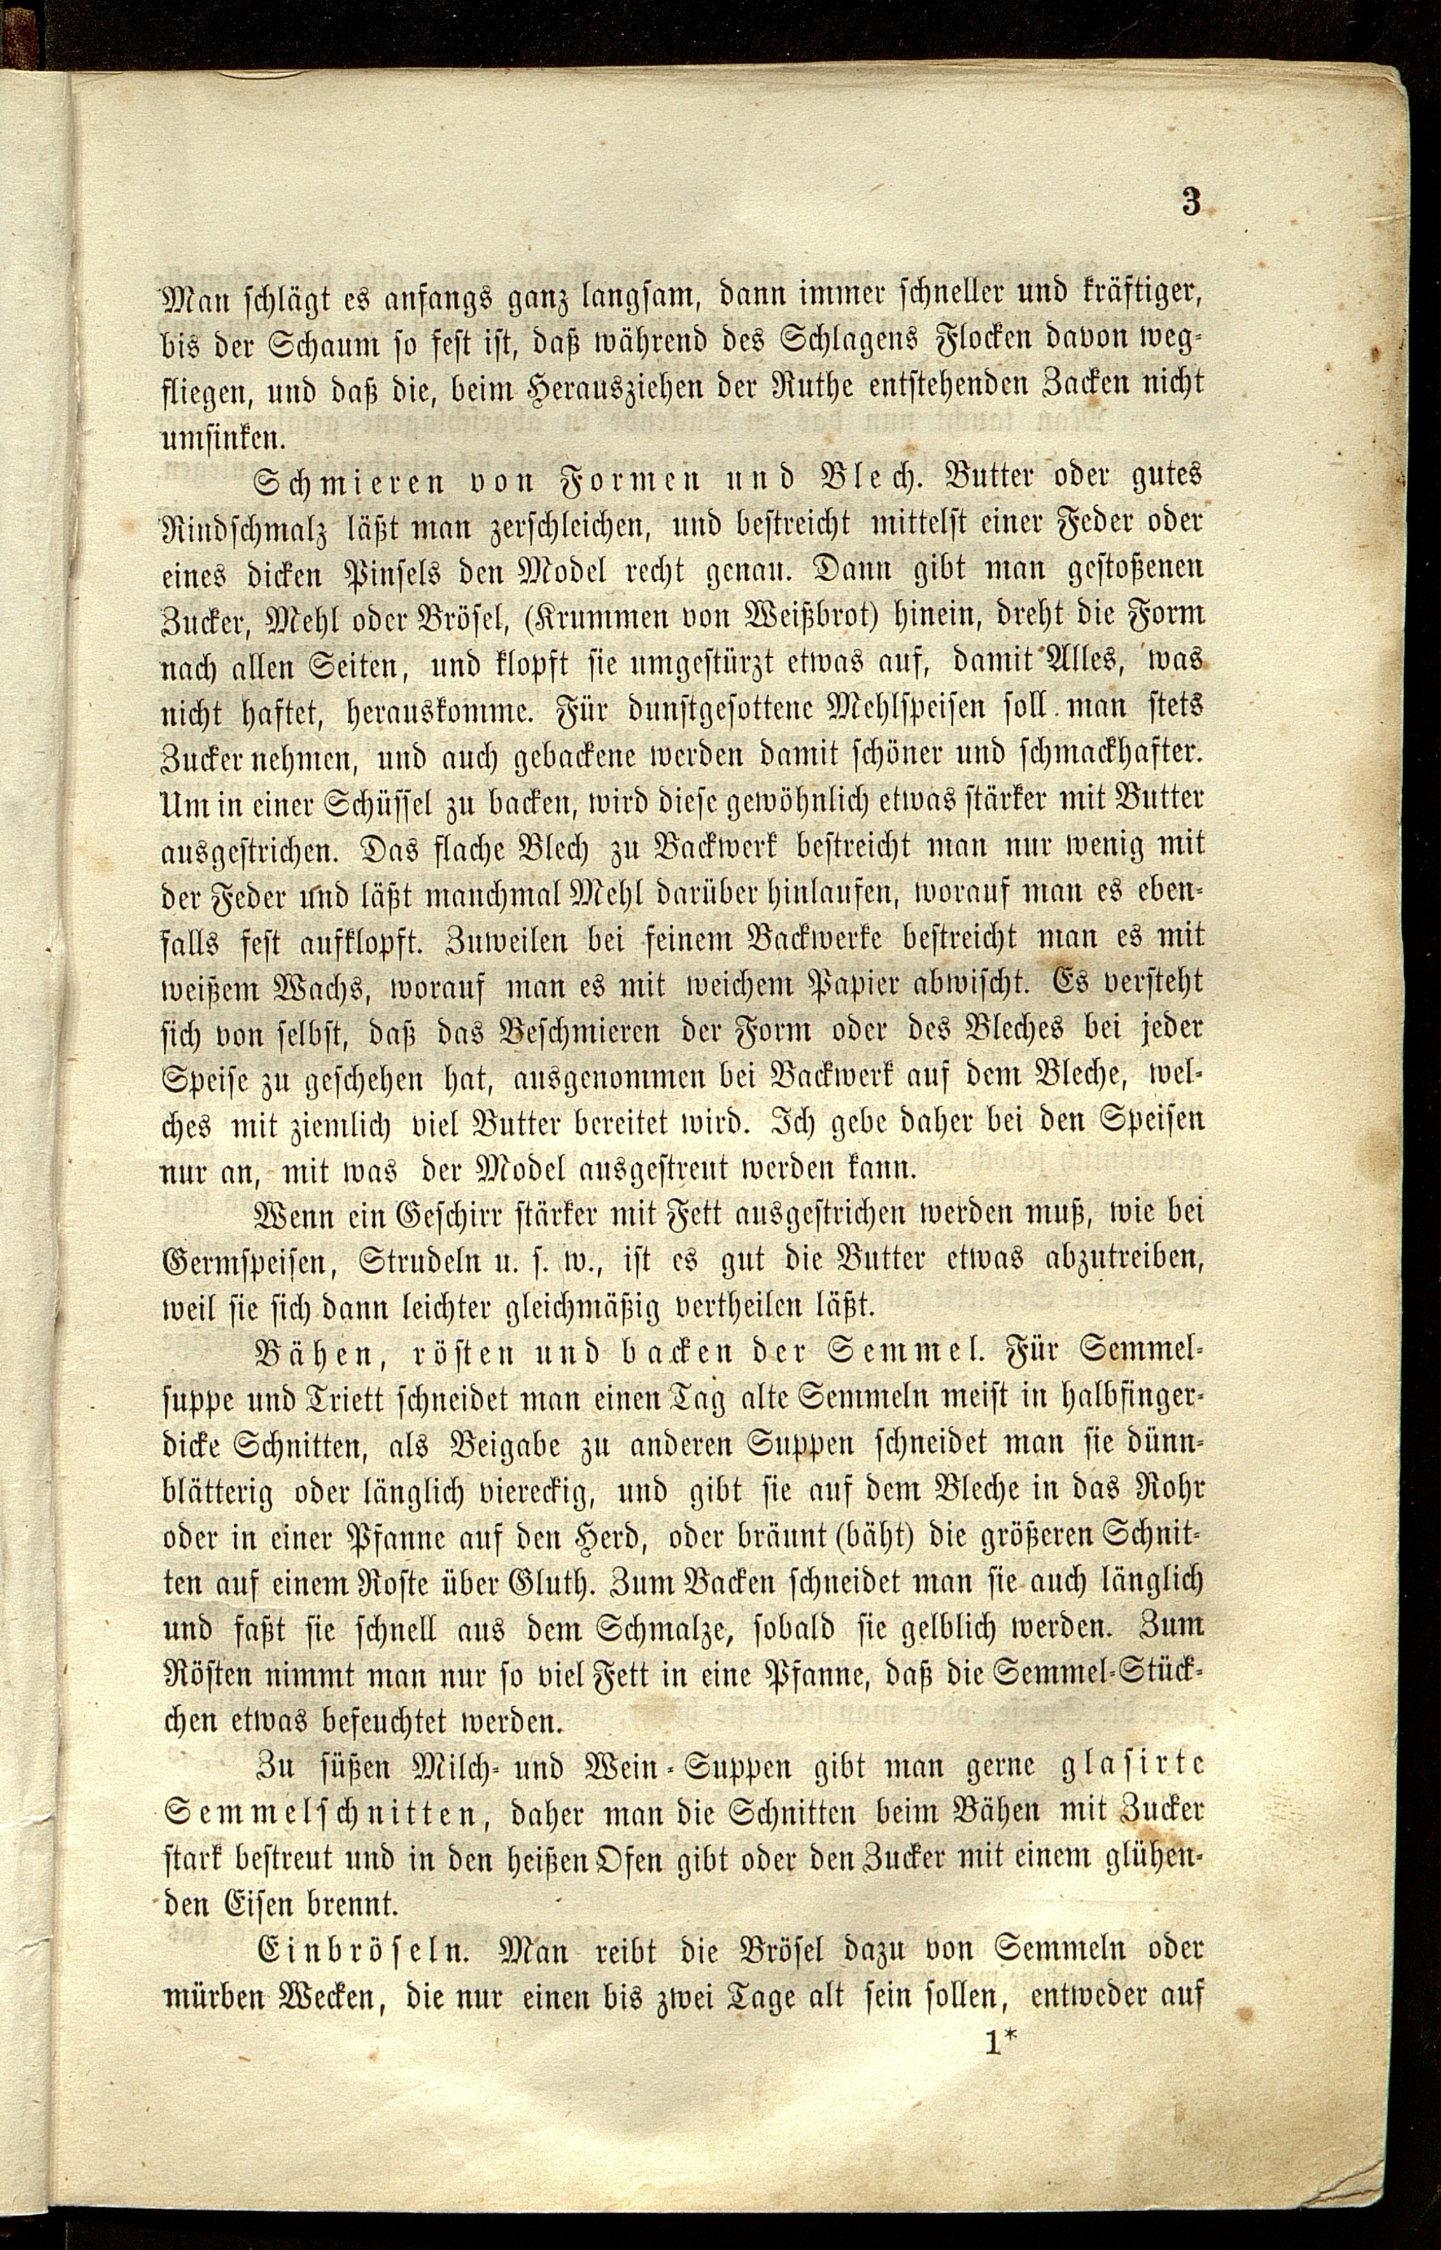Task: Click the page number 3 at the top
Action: click(1191, 203)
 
